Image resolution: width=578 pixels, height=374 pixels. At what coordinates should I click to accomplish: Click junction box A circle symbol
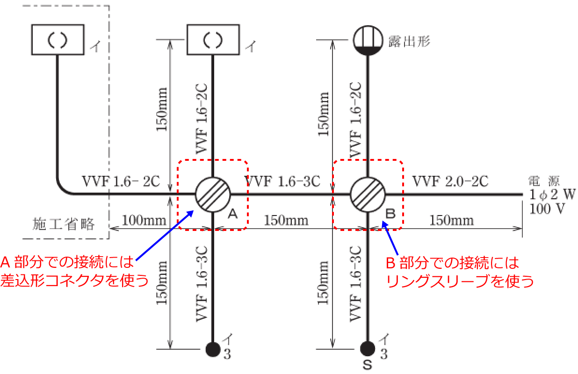click(213, 194)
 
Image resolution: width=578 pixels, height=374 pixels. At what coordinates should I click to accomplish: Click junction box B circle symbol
click(368, 194)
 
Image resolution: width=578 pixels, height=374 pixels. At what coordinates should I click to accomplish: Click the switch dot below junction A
click(213, 349)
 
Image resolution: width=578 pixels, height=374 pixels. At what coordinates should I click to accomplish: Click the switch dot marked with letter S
click(368, 349)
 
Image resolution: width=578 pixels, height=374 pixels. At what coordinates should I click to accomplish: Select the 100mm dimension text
click(141, 220)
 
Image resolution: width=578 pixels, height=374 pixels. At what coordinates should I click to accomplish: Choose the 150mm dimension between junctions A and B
click(286, 220)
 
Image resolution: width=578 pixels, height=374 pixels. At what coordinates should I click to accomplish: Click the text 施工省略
click(64, 225)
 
